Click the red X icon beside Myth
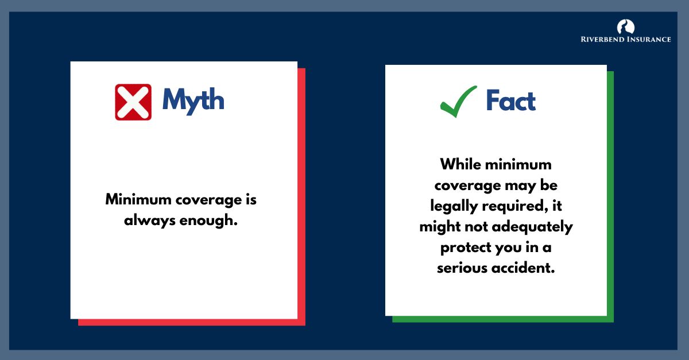(133, 102)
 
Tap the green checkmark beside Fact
(458, 101)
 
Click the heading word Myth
(193, 100)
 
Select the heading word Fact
(510, 101)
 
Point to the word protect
(463, 247)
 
